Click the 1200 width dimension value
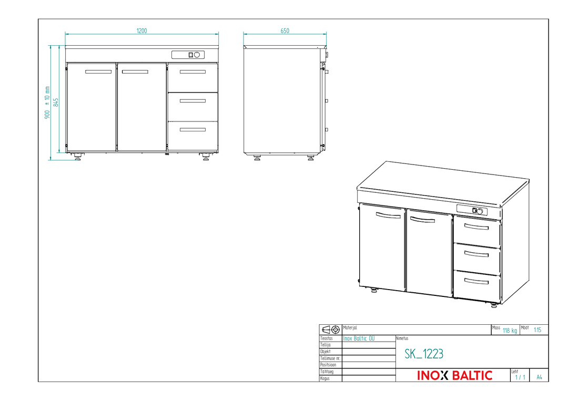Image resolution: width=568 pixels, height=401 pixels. point(141,31)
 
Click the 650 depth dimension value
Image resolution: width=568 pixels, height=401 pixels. point(285,31)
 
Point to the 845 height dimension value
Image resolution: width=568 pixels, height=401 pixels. point(56,102)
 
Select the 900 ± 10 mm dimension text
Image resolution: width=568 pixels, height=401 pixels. point(47,103)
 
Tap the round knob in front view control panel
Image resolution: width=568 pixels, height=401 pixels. point(197,55)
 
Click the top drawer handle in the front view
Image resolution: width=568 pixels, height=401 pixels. point(192,71)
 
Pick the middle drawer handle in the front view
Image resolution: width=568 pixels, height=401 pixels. point(192,100)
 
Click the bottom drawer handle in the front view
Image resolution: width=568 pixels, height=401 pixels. point(192,130)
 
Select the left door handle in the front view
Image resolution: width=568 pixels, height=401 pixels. point(98,71)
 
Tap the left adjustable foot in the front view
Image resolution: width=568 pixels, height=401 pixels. point(78,156)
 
